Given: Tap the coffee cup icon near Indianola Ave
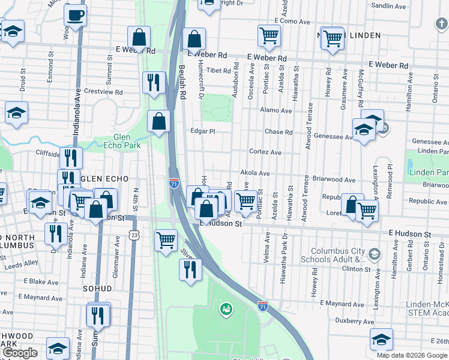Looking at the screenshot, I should pyautogui.click(x=75, y=16).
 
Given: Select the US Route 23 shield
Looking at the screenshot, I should pyautogui.click(x=136, y=232).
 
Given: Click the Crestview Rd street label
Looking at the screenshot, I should pyautogui.click(x=103, y=92).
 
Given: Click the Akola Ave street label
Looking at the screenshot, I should pyautogui.click(x=255, y=173).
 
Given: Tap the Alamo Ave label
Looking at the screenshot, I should pyautogui.click(x=276, y=110).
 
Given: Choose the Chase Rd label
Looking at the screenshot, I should pyautogui.click(x=279, y=132).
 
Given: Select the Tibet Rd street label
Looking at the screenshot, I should pyautogui.click(x=218, y=71).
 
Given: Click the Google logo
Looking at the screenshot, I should pyautogui.click(x=20, y=353).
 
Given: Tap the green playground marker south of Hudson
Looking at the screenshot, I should pyautogui.click(x=226, y=310).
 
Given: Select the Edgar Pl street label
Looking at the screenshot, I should pyautogui.click(x=202, y=131).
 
